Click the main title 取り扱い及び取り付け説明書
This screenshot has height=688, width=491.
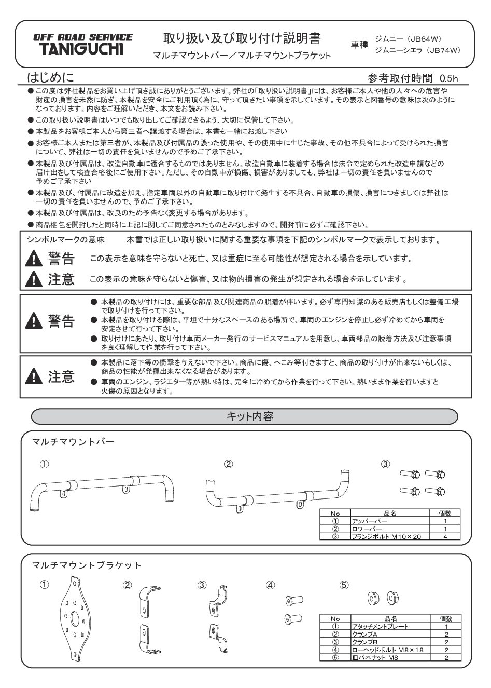242,38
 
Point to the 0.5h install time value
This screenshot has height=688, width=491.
448,79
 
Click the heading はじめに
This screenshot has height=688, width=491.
50,78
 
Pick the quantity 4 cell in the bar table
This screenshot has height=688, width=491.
445,536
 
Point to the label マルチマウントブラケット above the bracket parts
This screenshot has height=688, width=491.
87,565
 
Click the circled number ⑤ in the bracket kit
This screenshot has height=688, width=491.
344,585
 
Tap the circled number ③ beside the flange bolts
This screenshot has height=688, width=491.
385,464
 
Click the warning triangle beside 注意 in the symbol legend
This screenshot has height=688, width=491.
34,280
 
